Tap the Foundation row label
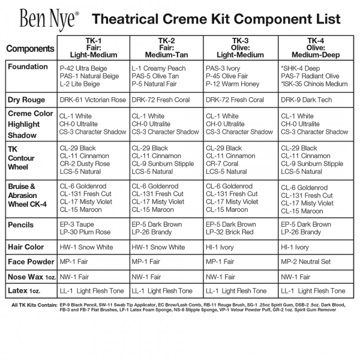[x=28, y=67]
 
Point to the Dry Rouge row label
[x=27, y=100]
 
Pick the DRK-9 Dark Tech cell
[x=307, y=100]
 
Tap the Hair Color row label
[x=27, y=247]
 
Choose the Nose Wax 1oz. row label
[x=31, y=277]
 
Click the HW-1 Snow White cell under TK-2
[x=158, y=247]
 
